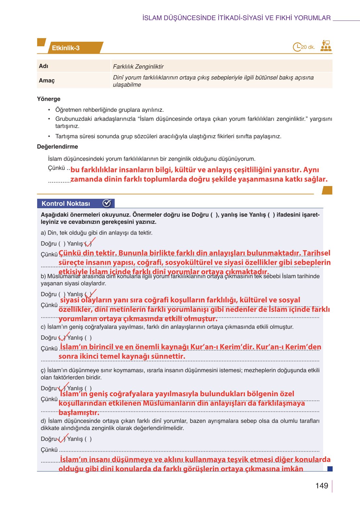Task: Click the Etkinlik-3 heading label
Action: [x=65, y=48]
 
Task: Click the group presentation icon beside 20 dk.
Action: [x=325, y=46]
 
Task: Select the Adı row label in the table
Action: [x=43, y=66]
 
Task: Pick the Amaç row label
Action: [x=47, y=80]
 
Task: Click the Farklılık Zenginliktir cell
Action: [x=138, y=66]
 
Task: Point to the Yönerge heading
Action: [x=49, y=99]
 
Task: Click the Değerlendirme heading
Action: [x=57, y=147]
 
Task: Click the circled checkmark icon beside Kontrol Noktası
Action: [x=107, y=203]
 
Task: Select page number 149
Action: [x=322, y=486]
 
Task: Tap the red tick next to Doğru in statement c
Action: [x=63, y=337]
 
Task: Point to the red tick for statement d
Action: [x=63, y=438]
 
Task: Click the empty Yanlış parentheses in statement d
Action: [x=88, y=439]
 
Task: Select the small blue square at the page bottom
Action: [x=330, y=469]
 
